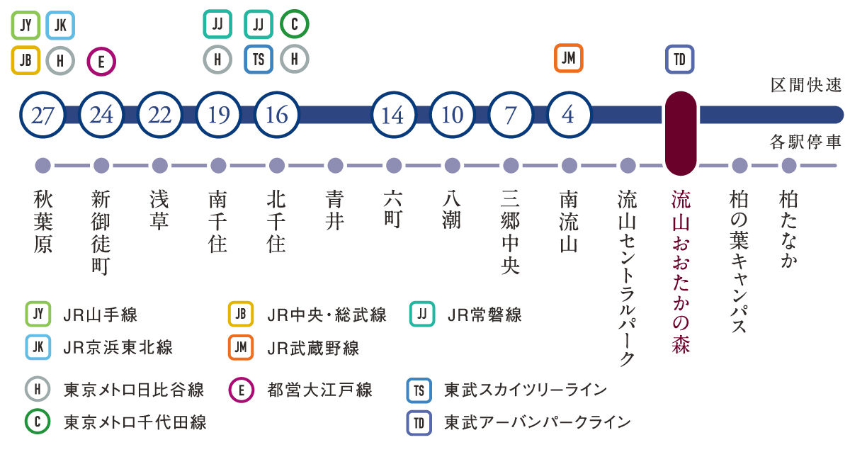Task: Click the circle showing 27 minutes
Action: pos(42,115)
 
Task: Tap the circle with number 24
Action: pos(101,115)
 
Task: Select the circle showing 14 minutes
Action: pos(394,115)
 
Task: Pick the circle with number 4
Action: pos(569,115)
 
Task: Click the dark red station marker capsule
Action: pos(681,133)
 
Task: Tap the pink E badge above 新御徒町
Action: pos(101,62)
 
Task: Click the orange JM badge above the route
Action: pos(568,58)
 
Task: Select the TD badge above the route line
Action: pos(679,60)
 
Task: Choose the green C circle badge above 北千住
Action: pos(295,24)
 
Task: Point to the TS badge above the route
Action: pos(259,60)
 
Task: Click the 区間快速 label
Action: pos(806,85)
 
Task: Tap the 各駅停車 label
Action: pos(805,142)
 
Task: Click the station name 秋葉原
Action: pos(43,222)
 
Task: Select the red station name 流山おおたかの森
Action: pos(681,272)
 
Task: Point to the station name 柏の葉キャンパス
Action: pos(739,261)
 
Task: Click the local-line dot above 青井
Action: pos(335,166)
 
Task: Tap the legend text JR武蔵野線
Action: pos(313,348)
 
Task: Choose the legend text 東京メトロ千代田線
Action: pos(135,422)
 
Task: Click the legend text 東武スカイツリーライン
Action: pos(526,390)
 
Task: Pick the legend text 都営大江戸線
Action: pos(320,390)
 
